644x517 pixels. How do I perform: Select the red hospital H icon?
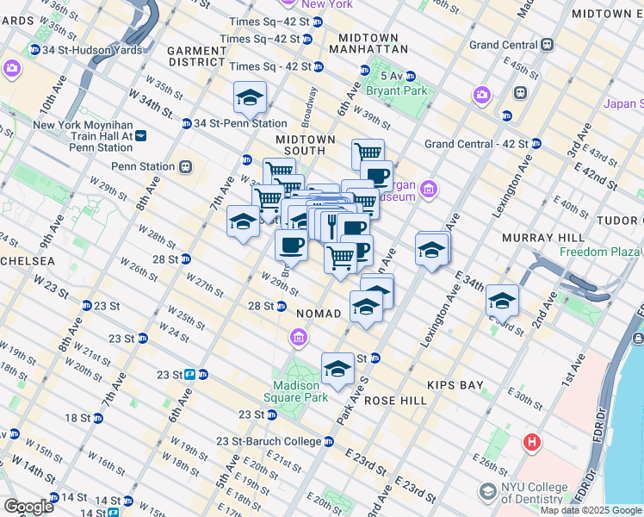coord(532,442)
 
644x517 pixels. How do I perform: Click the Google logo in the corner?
coord(28,507)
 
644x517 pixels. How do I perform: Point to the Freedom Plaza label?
coord(601,252)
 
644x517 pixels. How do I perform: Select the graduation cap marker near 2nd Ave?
coord(502,302)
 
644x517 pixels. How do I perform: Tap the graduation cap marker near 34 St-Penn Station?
coord(250,97)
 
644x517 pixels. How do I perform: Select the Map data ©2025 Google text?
coord(591,510)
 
